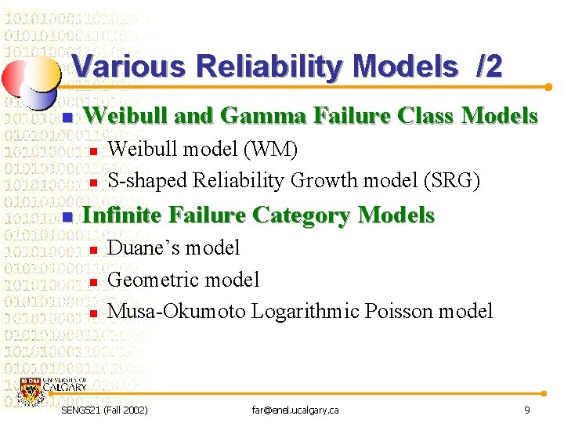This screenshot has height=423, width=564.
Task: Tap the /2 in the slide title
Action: pyautogui.click(x=488, y=67)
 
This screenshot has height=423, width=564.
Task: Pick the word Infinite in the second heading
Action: pyautogui.click(x=122, y=215)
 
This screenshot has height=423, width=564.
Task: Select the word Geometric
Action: pyautogui.click(x=149, y=280)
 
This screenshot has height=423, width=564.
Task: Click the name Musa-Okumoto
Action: pyautogui.click(x=176, y=311)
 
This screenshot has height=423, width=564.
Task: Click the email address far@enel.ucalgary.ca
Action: pyautogui.click(x=295, y=410)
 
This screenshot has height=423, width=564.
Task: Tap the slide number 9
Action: pyautogui.click(x=527, y=410)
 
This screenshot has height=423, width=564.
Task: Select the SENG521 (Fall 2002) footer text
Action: pyautogui.click(x=103, y=410)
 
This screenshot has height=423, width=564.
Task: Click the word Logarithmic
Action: pyautogui.click(x=302, y=311)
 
